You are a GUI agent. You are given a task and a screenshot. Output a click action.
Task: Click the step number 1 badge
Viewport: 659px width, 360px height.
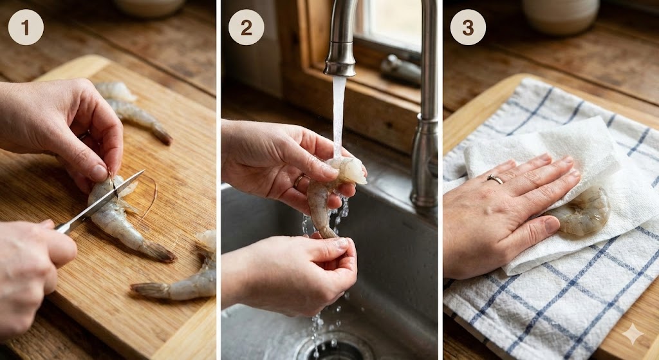[26, 27]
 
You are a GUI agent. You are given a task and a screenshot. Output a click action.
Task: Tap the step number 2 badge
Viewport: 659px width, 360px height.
[246, 27]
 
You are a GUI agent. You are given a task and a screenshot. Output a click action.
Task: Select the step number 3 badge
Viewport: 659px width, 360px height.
[468, 27]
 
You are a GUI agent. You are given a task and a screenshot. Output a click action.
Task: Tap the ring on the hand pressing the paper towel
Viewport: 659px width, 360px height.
[495, 180]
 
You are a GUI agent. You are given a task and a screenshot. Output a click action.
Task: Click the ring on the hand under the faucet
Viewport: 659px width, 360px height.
[299, 181]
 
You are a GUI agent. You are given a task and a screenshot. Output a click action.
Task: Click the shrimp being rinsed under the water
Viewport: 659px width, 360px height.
[332, 189]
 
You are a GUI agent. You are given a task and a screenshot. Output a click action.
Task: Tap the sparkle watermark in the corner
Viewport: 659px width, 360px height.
[633, 334]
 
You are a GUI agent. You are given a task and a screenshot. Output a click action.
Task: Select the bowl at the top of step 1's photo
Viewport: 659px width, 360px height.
[149, 7]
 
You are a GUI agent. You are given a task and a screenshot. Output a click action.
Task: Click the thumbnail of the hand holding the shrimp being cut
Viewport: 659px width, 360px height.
[98, 173]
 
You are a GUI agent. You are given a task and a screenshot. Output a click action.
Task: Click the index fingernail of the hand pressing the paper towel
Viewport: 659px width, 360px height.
[544, 158]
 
